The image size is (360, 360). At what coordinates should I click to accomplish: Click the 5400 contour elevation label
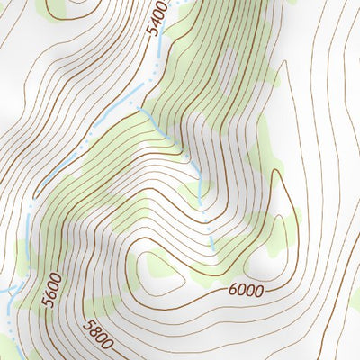157,20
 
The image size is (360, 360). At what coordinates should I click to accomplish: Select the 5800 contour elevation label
96,335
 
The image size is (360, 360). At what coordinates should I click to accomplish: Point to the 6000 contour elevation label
246,290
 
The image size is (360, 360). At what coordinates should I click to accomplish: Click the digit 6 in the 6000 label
233,292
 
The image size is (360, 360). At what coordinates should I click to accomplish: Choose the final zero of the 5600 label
54,275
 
